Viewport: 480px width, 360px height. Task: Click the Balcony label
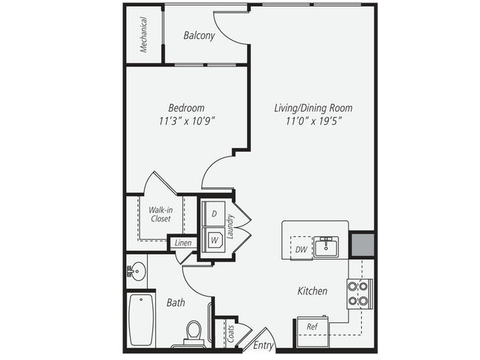click(x=199, y=35)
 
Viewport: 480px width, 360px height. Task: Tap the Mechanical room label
click(x=144, y=35)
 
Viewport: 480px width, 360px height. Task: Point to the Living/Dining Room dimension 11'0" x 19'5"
click(x=308, y=120)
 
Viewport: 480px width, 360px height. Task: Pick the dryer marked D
click(x=213, y=212)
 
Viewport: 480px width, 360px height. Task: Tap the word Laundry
click(x=231, y=227)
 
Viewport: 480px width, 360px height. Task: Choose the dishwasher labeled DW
click(x=301, y=249)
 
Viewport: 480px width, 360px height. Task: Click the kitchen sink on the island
click(x=325, y=246)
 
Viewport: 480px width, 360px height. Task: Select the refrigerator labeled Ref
click(x=312, y=326)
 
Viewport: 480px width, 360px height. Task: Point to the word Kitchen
click(x=312, y=291)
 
